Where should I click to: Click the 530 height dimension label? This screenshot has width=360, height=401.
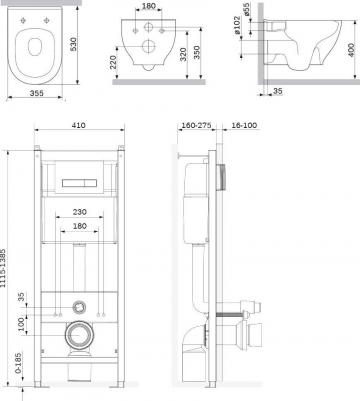click(73, 44)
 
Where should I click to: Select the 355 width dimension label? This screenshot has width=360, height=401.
click(36, 93)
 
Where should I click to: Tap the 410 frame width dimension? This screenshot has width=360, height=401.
click(79, 125)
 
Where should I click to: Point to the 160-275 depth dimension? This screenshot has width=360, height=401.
click(196, 125)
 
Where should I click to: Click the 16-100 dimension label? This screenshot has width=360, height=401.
click(244, 125)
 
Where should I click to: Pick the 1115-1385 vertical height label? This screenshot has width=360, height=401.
click(3, 268)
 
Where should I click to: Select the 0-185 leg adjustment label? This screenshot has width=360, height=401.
click(18, 364)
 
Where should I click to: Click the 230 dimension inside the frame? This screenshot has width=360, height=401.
click(80, 212)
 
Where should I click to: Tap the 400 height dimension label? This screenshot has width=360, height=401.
click(351, 50)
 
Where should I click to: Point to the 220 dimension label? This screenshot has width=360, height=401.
click(113, 62)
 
